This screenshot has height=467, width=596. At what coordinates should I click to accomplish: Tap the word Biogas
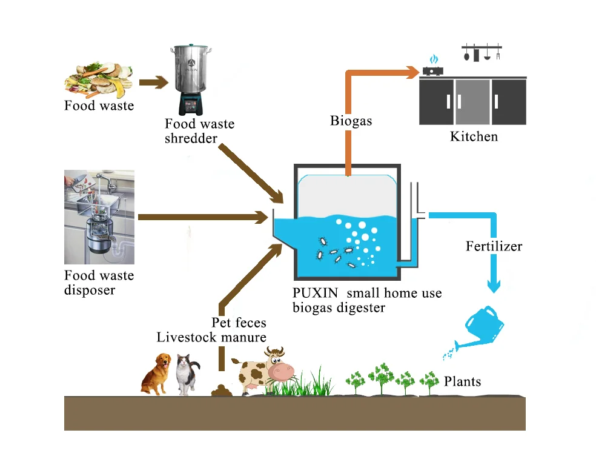[x=351, y=121]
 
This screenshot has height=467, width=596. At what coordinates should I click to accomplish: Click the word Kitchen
[x=474, y=136]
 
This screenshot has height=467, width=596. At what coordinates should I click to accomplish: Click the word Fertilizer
[x=494, y=246]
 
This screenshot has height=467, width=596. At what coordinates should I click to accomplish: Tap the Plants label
[x=462, y=381]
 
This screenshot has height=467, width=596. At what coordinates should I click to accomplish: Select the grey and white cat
[x=188, y=375]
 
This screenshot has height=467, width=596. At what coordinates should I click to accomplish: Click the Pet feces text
[x=239, y=323]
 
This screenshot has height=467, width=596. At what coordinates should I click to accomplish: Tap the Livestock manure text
[x=211, y=337]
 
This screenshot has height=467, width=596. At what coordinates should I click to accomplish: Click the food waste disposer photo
[x=99, y=217]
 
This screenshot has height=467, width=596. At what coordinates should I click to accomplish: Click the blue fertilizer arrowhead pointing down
[x=494, y=285]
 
